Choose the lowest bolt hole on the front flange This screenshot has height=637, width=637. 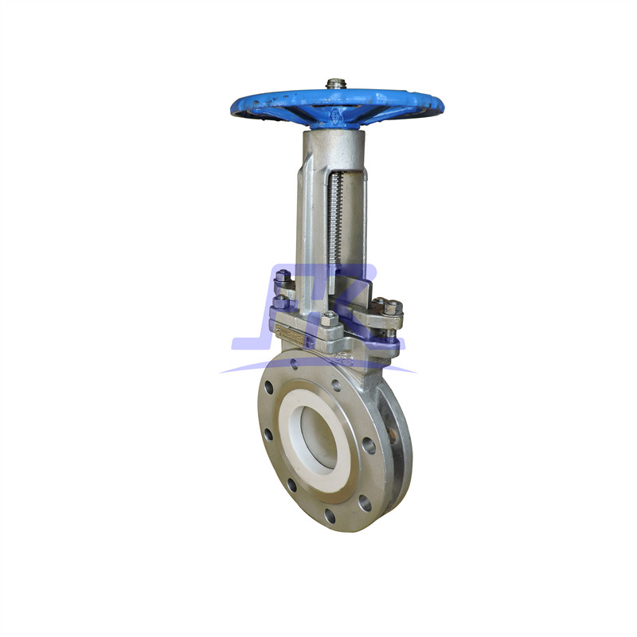point(330,515)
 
